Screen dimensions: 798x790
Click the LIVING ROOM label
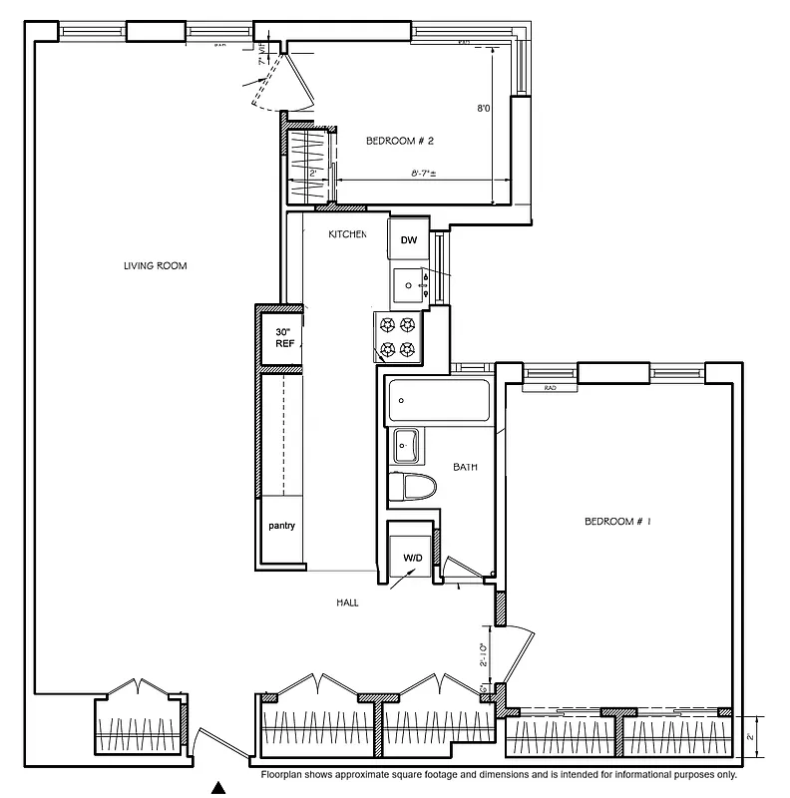155,266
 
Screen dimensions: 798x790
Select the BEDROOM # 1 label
616,522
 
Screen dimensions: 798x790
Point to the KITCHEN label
348,234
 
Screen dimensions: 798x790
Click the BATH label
466,467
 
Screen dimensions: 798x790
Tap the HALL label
346,603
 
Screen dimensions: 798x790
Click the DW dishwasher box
409,240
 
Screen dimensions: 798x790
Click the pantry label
280,526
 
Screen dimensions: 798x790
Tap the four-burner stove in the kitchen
398,337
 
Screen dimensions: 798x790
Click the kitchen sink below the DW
409,284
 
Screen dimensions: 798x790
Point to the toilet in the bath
412,488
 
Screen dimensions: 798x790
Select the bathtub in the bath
439,401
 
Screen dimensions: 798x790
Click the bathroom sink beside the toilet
406,445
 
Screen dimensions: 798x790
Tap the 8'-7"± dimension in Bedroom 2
426,174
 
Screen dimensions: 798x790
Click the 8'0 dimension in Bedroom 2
483,109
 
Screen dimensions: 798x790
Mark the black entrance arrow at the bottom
220,787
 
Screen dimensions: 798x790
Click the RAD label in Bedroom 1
550,388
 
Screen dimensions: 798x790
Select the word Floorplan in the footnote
285,775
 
